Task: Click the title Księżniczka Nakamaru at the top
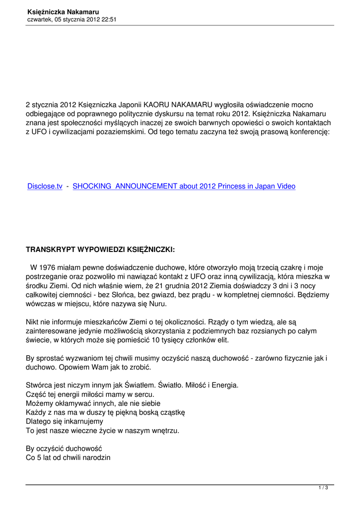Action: [x=64, y=11]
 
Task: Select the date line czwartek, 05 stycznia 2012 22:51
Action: [x=72, y=19]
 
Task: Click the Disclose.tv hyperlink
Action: [x=45, y=187]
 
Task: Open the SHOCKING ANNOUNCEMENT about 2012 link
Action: [x=184, y=187]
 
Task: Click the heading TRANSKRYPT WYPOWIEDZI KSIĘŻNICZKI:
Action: [x=100, y=249]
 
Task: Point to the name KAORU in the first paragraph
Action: [x=156, y=105]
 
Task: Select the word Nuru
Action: [x=158, y=303]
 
